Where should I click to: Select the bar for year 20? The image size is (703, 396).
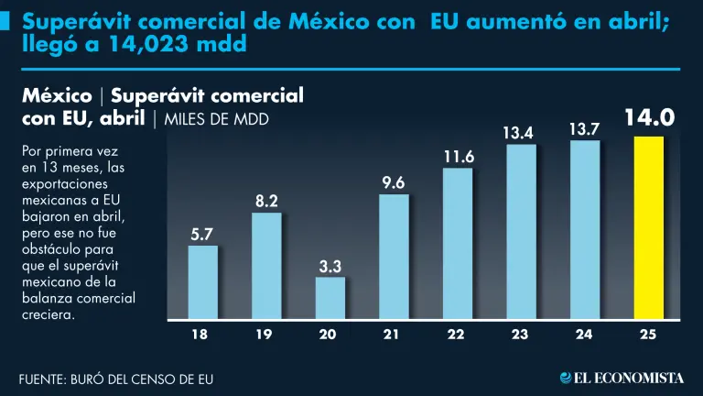pos(330,298)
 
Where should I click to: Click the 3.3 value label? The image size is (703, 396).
pos(330,266)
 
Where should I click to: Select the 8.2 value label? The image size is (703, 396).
pos(266,202)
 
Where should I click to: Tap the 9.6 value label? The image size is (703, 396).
pos(395,183)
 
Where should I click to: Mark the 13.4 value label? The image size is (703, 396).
pos(521,134)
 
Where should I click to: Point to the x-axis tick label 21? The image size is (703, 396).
pos(394,335)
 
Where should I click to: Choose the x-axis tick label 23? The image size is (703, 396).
pos(521,335)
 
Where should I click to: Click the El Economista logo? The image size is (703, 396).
pos(622,377)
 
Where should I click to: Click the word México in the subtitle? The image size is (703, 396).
pos(56,96)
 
